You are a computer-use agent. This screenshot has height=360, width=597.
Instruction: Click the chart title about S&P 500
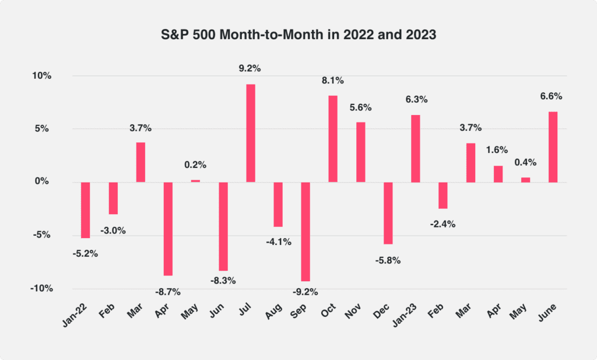click(x=298, y=34)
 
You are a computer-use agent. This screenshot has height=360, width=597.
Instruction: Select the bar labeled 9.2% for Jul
click(x=251, y=133)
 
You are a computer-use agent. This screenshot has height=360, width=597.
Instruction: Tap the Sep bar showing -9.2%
click(x=305, y=231)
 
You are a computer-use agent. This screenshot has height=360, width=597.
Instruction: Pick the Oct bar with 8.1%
click(x=333, y=139)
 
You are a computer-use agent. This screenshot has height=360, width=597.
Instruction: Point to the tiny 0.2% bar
click(x=195, y=181)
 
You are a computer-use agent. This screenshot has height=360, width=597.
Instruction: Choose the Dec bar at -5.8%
click(x=388, y=212)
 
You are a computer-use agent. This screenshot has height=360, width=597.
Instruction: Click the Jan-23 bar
click(x=415, y=148)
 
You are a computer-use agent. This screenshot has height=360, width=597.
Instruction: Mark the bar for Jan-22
click(x=85, y=209)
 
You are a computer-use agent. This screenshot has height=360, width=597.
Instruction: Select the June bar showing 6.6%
click(x=553, y=147)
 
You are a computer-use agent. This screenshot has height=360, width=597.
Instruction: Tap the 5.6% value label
click(x=360, y=107)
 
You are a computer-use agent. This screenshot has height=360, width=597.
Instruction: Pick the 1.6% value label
click(x=498, y=149)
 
